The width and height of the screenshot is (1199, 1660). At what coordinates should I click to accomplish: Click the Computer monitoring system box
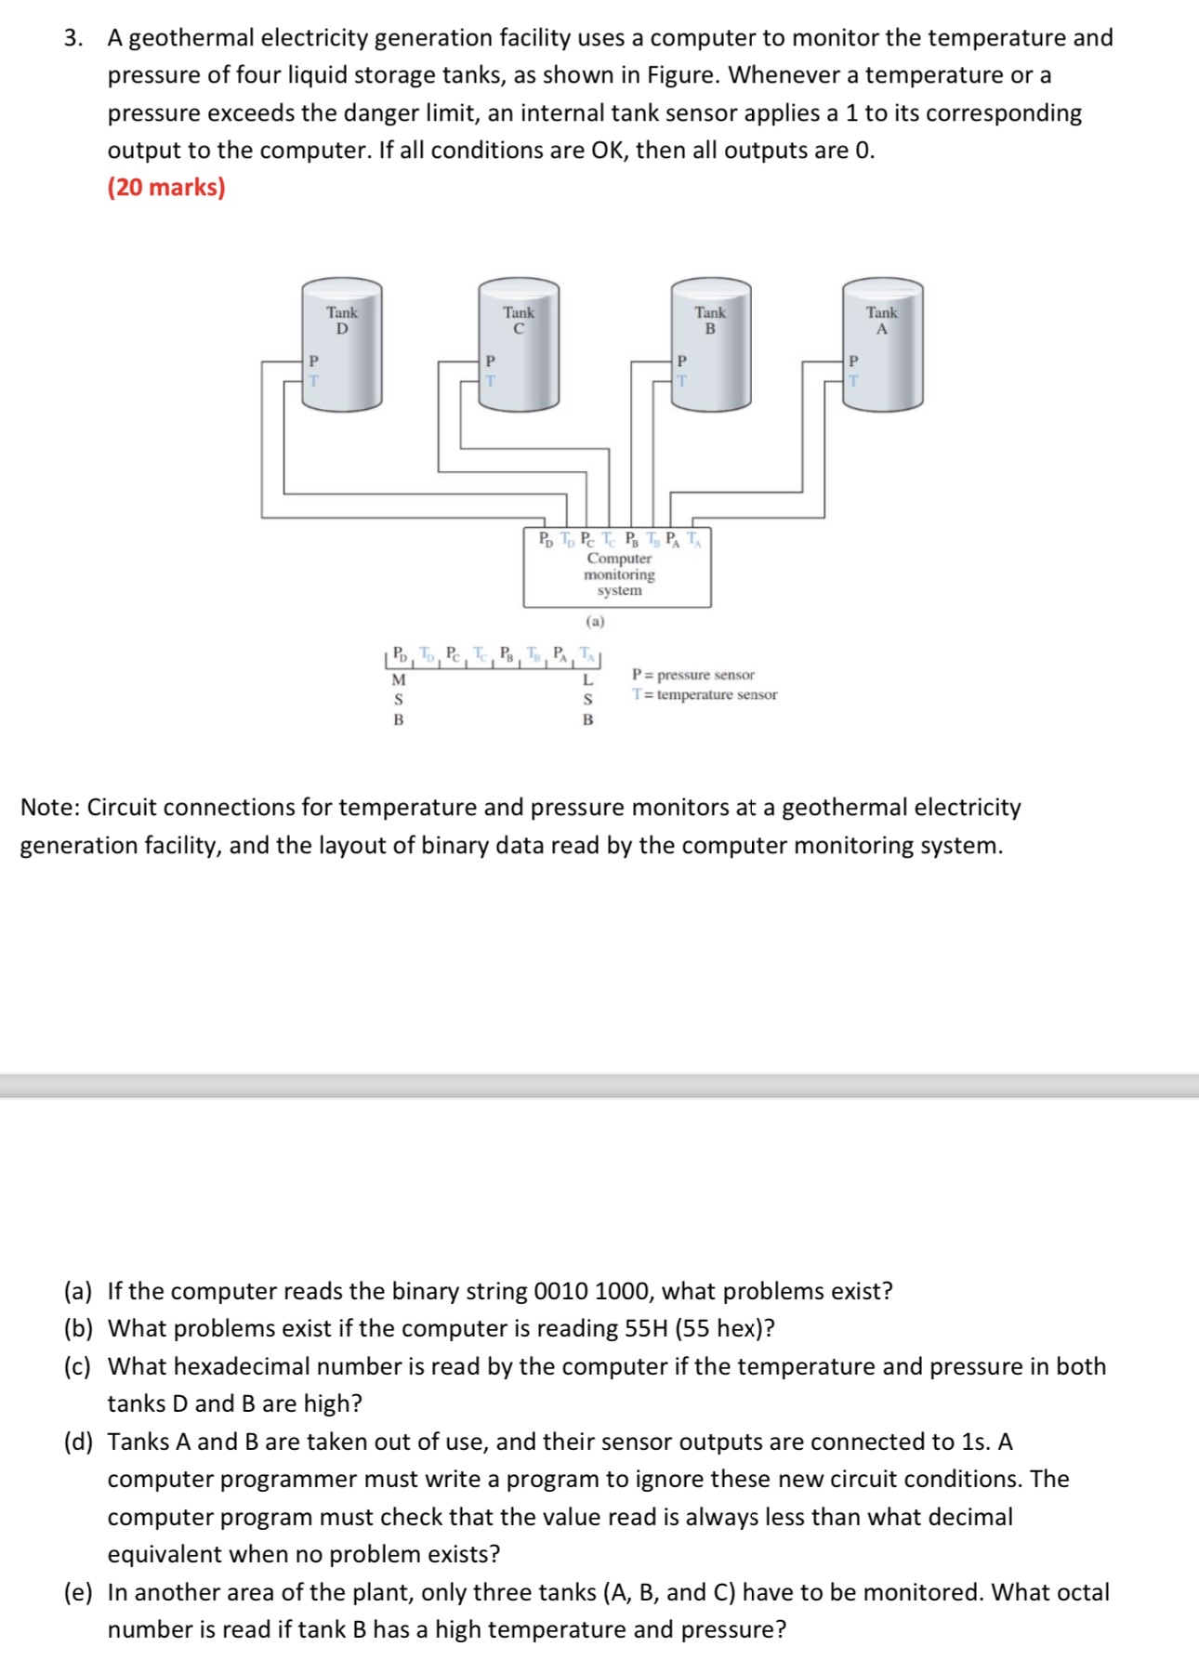point(618,574)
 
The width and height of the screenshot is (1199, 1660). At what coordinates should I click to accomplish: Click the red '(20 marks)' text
point(166,188)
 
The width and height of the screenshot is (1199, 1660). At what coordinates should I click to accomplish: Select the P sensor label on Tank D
point(313,361)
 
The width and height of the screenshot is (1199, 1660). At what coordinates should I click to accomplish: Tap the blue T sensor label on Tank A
point(854,381)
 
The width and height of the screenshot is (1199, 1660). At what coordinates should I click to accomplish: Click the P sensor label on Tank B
point(681,361)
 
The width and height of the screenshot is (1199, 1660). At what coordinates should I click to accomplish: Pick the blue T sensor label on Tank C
point(490,381)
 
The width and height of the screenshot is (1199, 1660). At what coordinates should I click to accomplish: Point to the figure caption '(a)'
point(595,621)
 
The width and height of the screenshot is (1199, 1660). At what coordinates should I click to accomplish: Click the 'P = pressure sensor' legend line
point(693,675)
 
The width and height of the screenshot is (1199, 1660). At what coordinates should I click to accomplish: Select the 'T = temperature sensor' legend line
point(704,694)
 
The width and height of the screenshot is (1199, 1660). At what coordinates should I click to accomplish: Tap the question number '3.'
point(73,38)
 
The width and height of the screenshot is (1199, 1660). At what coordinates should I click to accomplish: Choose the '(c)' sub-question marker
point(78,1366)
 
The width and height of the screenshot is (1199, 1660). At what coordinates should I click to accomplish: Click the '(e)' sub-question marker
point(78,1592)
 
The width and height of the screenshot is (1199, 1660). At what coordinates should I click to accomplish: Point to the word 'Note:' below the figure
point(50,808)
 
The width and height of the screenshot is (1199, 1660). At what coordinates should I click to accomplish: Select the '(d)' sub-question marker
point(78,1442)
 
